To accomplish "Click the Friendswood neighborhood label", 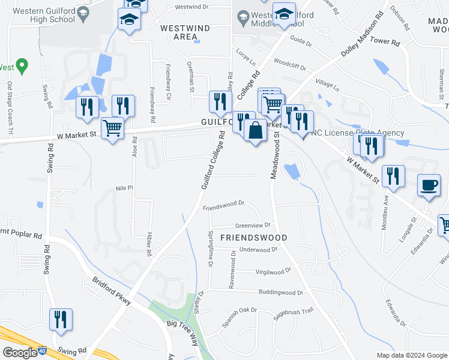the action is coord(253,238).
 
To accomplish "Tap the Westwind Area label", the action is coord(178,32).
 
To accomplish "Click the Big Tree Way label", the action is coord(182,333).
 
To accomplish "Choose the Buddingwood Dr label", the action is coord(281,293).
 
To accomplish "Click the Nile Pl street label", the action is coord(124,188).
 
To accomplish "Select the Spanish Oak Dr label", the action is coord(239,317).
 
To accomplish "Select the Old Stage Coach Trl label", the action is coord(10,109).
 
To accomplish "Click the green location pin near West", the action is coord(22,64).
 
